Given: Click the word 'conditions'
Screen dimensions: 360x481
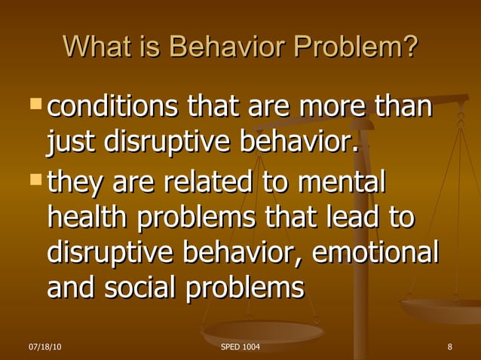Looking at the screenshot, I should click(x=112, y=108).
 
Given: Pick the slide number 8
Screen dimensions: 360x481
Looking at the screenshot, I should click(x=449, y=347).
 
